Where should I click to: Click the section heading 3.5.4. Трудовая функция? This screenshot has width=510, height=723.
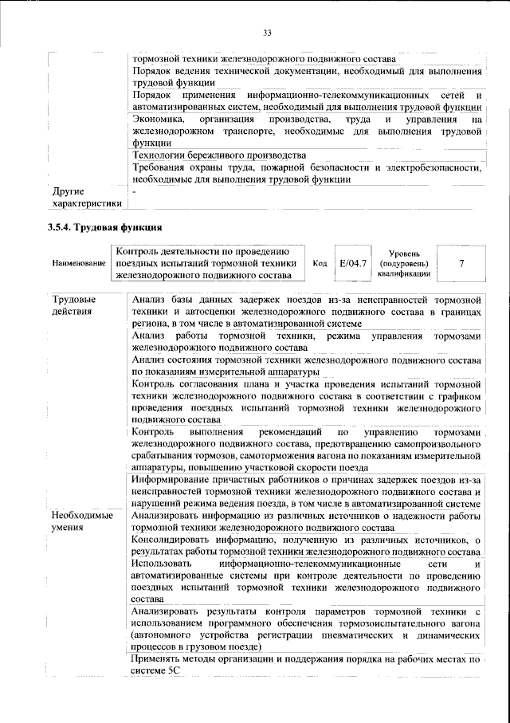[99, 228]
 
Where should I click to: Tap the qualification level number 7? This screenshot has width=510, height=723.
[461, 262]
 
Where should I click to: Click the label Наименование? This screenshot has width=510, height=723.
[76, 263]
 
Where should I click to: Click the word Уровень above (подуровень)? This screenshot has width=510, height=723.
[406, 252]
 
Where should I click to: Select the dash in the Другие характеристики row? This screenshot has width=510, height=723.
[135, 192]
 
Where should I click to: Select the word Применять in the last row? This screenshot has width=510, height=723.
[159, 661]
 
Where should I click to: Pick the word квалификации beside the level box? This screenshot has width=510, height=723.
[406, 273]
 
